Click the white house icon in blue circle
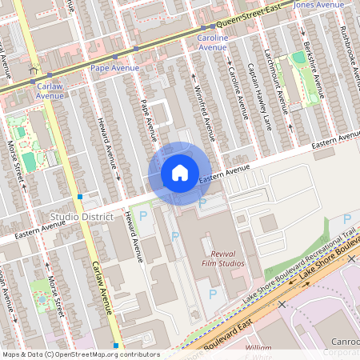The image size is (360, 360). [180, 172]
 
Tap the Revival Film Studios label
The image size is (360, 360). [222, 259]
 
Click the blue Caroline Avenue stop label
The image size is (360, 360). [213, 42]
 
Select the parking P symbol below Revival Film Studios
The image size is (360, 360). [213, 294]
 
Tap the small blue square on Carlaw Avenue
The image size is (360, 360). [80, 196]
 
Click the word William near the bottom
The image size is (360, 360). [258, 348]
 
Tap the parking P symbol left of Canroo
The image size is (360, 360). [346, 219]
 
